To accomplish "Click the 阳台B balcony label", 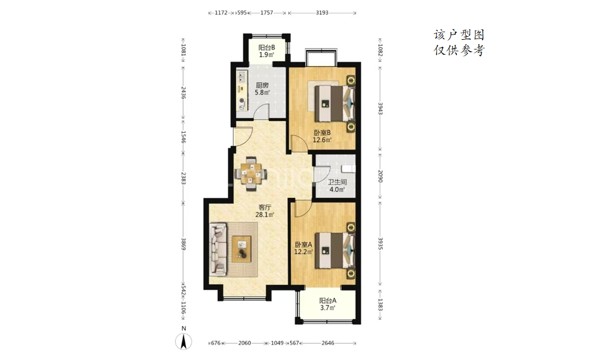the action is [x=266, y=48].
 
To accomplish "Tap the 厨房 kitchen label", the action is [x=262, y=86].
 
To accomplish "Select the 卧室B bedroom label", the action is [x=322, y=133].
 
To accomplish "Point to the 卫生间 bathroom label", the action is [x=337, y=182].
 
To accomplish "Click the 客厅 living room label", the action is [x=265, y=208].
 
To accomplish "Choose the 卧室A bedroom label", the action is [x=303, y=245].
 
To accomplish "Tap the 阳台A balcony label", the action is [x=328, y=301].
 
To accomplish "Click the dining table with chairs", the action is [x=251, y=174].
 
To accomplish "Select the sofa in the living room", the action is [x=219, y=249].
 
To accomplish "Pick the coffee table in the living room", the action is [x=242, y=249].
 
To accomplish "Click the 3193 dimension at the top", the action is [x=322, y=13].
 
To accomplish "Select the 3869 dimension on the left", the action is [x=184, y=244].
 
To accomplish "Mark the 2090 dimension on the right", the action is [x=380, y=177].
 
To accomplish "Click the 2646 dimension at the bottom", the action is [x=328, y=343].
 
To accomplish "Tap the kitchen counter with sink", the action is [x=242, y=90].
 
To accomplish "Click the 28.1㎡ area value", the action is [x=265, y=215].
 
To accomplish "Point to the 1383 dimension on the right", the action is [x=380, y=305].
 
